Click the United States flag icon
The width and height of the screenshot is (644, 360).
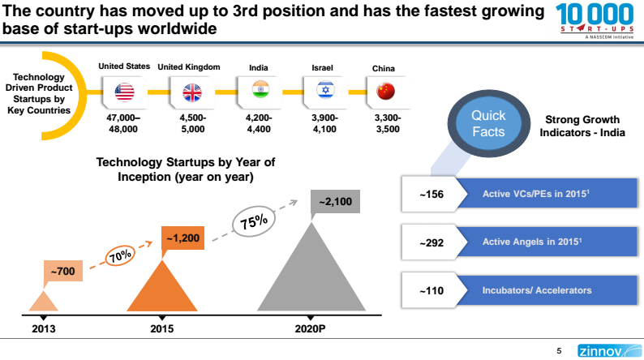(124, 92)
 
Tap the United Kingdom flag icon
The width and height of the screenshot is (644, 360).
(192, 92)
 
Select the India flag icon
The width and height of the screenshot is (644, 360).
(260, 90)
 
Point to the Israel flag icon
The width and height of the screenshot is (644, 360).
(324, 90)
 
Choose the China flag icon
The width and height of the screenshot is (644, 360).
(384, 91)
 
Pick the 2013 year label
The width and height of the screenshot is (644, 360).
(44, 329)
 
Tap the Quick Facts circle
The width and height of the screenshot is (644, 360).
(489, 123)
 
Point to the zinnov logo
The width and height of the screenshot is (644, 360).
(602, 351)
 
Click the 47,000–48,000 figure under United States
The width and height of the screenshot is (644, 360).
(124, 123)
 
